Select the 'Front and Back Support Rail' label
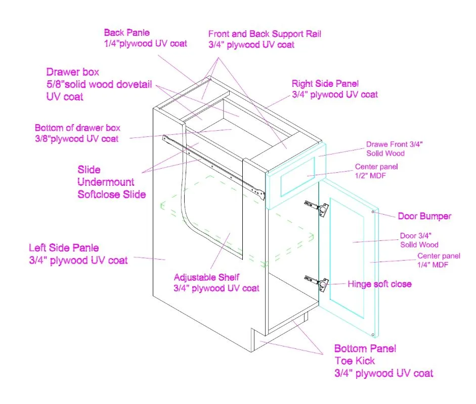coord(265,34)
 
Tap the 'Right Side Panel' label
coord(325,83)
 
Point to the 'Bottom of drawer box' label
coord(77,128)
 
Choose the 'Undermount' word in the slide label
coord(106,182)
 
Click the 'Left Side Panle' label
coord(64,248)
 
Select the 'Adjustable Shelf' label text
coord(206,277)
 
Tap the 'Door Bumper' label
coord(424,216)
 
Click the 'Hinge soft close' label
coord(379,284)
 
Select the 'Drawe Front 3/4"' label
coord(394,144)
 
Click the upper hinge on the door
coord(317,206)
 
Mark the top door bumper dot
coord(373,212)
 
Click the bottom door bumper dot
coord(373,335)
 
